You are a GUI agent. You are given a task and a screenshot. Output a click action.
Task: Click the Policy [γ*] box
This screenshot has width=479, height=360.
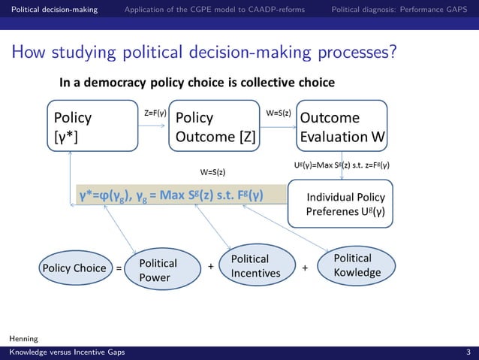pos(93,128)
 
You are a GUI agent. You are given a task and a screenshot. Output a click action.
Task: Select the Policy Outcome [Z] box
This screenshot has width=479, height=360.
pos(215,128)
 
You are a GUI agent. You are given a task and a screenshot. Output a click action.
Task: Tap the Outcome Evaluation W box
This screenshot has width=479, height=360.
pos(342,128)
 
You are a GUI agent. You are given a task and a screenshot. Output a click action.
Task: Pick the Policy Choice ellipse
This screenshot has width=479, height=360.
pos(74,268)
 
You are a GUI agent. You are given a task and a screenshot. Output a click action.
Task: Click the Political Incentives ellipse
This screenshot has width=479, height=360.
pos(255,265)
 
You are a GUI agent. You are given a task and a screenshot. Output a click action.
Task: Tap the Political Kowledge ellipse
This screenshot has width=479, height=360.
pos(357,265)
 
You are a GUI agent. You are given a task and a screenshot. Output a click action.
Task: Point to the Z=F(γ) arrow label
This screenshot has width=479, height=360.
pos(155,113)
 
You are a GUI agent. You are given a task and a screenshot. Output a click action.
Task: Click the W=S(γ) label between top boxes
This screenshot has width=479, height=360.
pos(279,113)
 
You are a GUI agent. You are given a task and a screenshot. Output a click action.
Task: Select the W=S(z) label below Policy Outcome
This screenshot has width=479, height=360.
pos(213,171)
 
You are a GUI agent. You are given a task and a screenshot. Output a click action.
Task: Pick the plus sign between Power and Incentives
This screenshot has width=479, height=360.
pos(211,267)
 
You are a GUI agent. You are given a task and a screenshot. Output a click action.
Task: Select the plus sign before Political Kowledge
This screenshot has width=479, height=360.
pos(305,267)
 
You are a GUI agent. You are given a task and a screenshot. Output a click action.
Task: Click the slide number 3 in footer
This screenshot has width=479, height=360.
pos(468,352)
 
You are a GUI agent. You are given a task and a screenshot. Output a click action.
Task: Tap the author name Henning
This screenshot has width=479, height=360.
pos(23,339)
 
